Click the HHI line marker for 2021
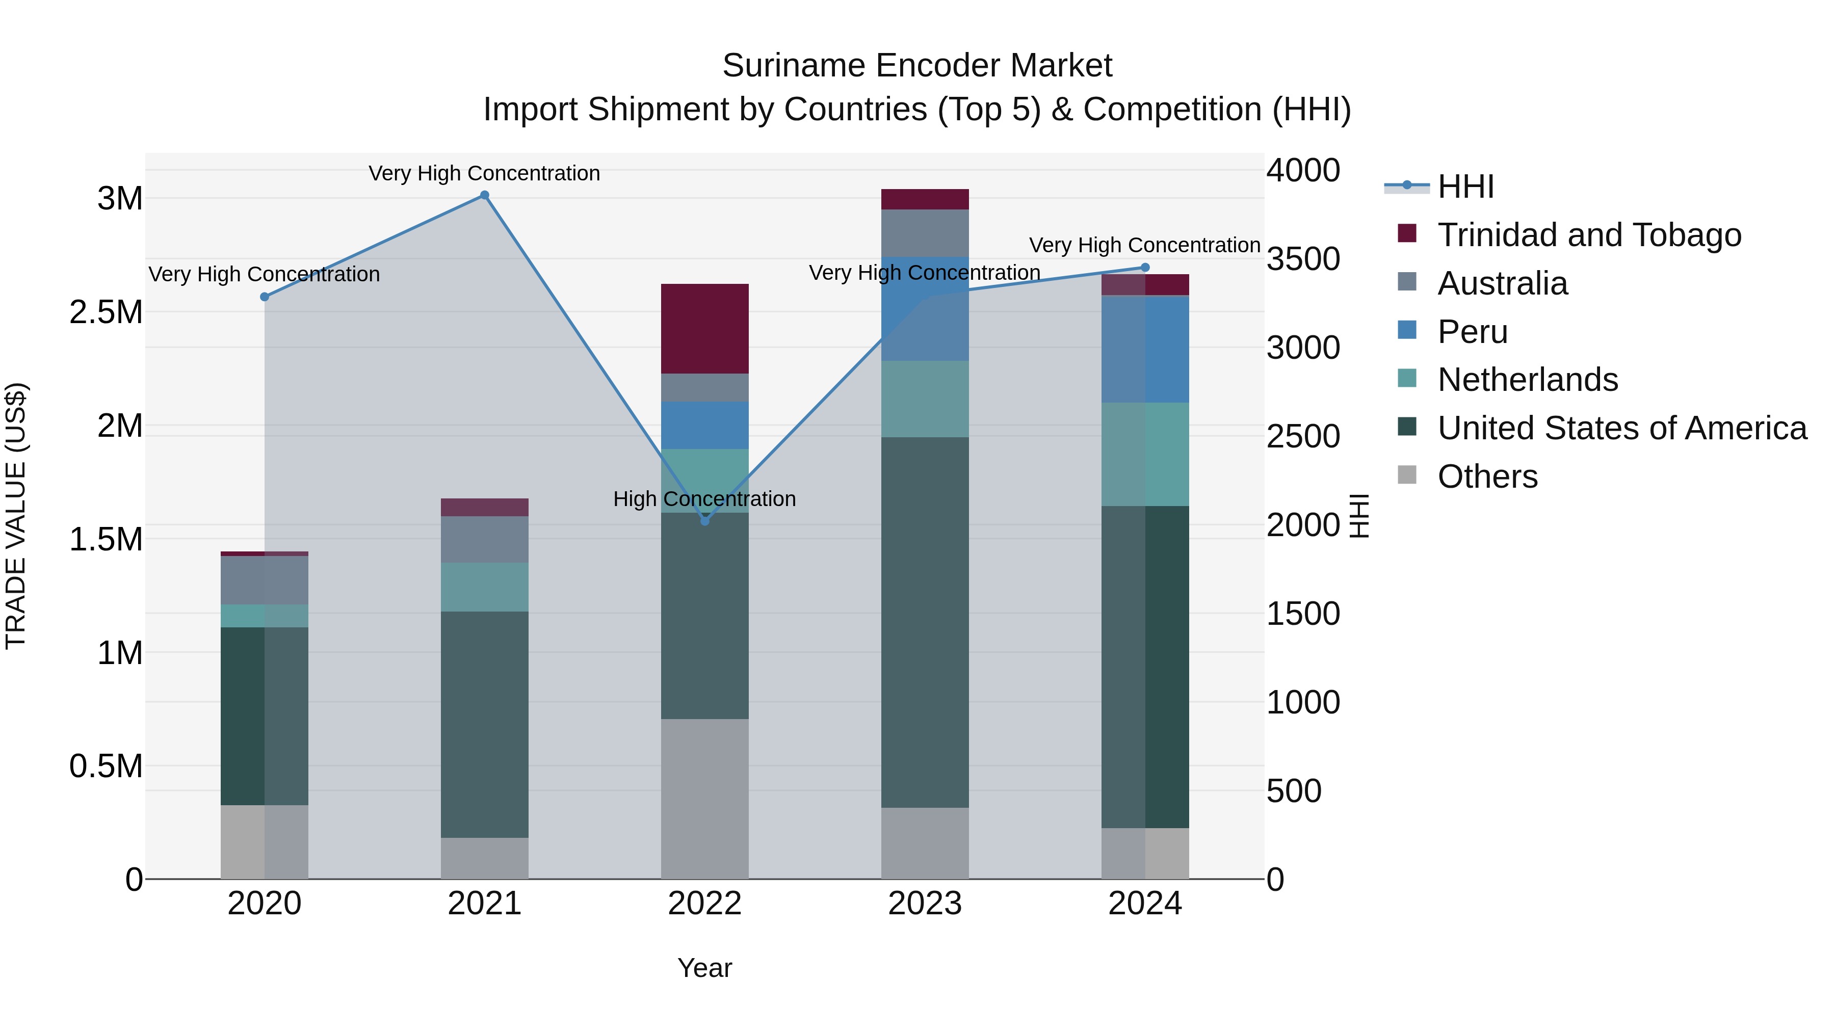click(484, 195)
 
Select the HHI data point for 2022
click(704, 521)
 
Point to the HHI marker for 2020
click(264, 297)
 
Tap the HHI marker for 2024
click(1145, 268)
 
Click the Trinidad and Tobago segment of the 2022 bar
click(704, 328)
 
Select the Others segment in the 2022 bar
click(704, 799)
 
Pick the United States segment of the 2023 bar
click(925, 622)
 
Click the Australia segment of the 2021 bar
click(484, 539)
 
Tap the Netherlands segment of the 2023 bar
click(925, 399)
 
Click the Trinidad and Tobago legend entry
click(1588, 235)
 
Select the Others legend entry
click(1487, 477)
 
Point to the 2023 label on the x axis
click(925, 904)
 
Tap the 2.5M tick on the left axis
click(106, 312)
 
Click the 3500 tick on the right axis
click(1303, 259)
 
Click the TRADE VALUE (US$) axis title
click(16, 516)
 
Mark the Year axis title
click(704, 968)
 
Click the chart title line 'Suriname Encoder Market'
click(917, 66)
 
